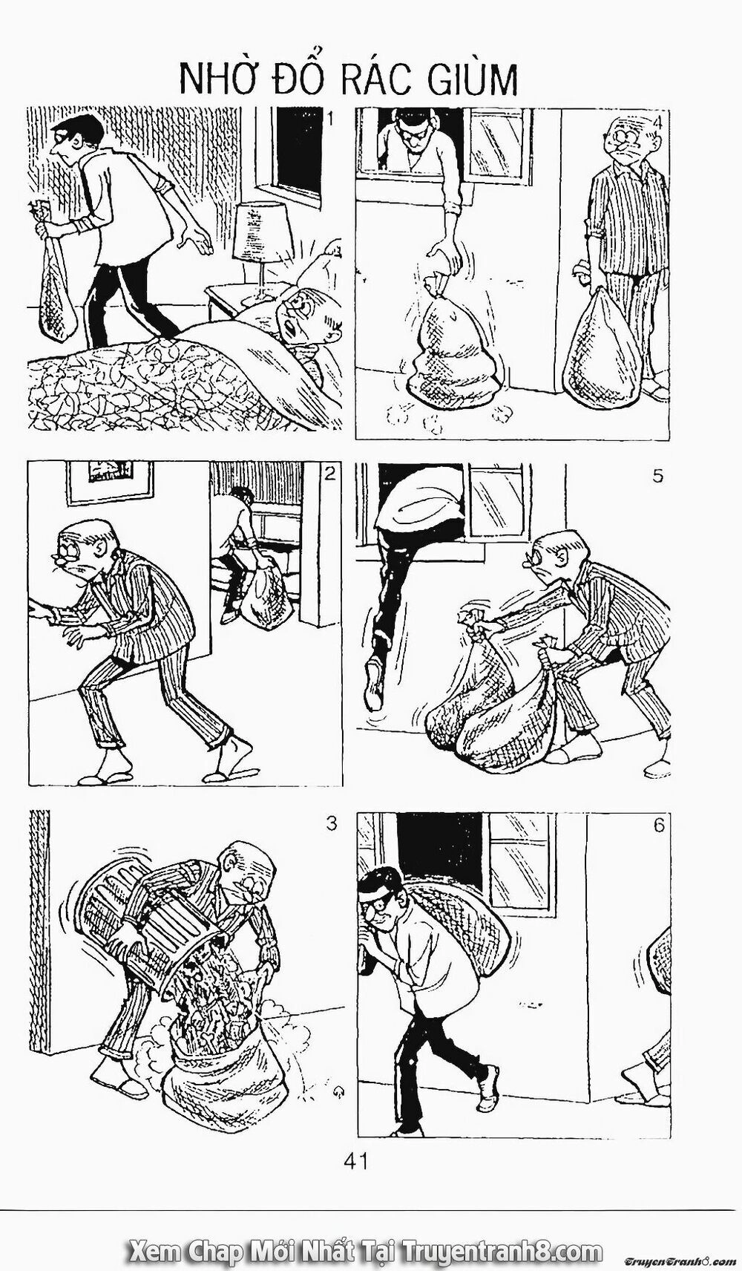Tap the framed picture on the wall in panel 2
[111, 480]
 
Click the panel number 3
[331, 823]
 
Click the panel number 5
[657, 477]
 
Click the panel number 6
[659, 825]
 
